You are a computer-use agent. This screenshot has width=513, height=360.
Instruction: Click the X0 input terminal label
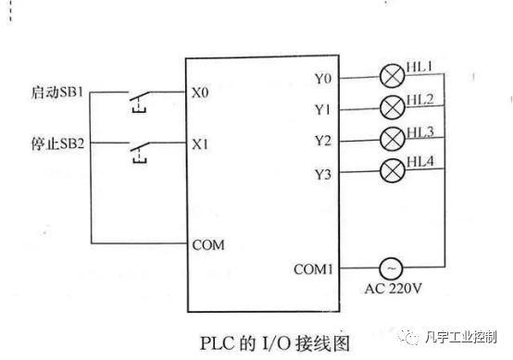(200, 93)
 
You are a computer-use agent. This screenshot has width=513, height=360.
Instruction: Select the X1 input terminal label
(200, 145)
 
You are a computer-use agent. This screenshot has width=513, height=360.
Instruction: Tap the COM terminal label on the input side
(207, 245)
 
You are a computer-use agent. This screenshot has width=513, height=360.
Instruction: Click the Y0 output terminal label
(323, 80)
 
